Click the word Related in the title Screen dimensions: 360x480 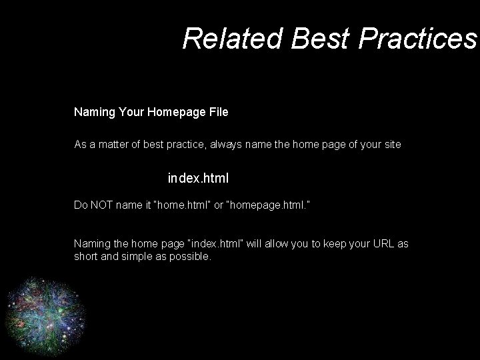point(233,39)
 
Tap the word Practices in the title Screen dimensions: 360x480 point(417,39)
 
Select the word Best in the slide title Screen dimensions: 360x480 point(320,39)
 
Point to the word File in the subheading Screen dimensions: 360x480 point(219,112)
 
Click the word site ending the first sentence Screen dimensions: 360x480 point(392,144)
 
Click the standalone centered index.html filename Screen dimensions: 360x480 point(198,179)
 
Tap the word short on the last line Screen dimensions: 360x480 point(85,256)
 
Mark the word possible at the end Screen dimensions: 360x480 point(191,256)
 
